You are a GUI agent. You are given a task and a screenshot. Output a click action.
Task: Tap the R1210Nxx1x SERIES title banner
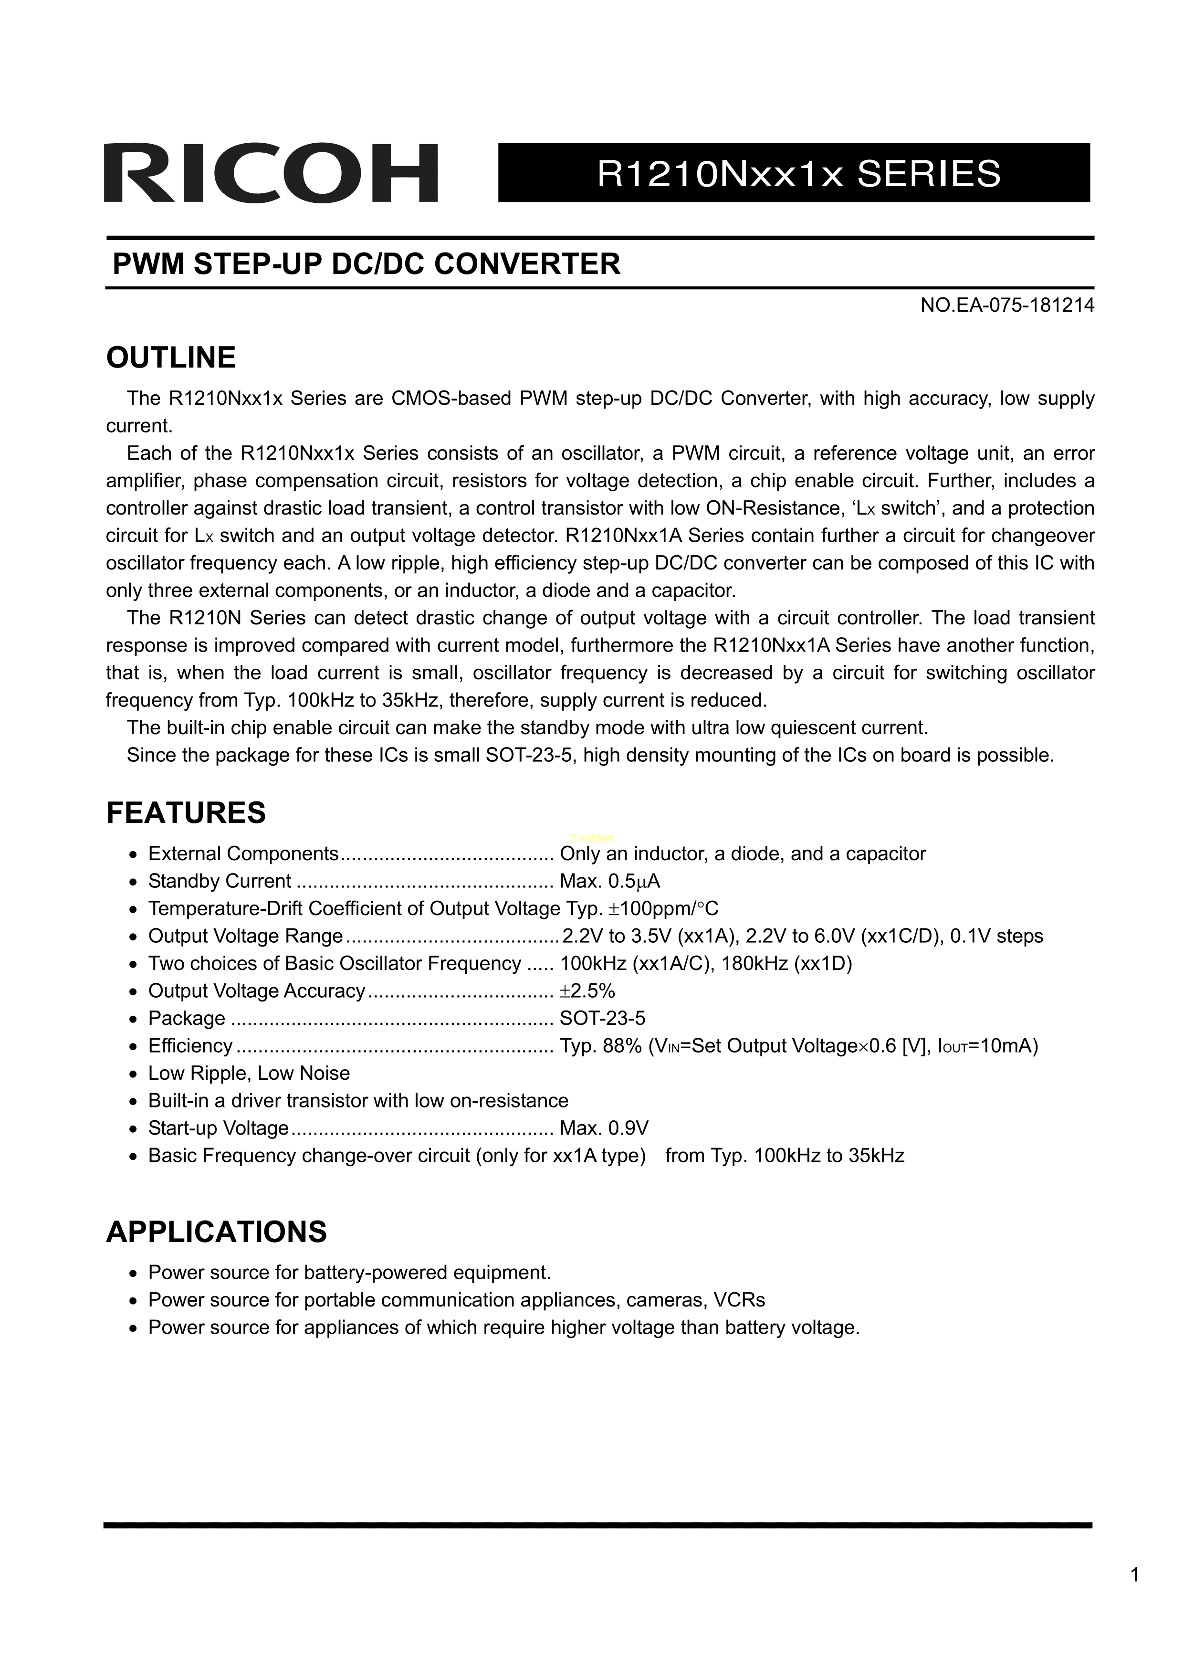click(794, 173)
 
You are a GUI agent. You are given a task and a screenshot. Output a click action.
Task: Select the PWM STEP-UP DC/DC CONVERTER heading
click(366, 263)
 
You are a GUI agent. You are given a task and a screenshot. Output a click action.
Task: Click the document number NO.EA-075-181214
click(1007, 305)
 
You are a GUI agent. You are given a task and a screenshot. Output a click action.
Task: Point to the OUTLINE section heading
click(171, 358)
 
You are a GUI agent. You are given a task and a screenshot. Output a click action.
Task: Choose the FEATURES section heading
click(186, 813)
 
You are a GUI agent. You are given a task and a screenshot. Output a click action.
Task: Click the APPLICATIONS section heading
click(217, 1232)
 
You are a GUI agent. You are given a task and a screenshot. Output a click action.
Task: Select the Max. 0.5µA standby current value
click(610, 881)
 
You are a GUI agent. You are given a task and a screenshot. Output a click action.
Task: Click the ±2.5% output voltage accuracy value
click(587, 990)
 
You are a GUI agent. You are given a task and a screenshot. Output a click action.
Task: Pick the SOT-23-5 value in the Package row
click(603, 1019)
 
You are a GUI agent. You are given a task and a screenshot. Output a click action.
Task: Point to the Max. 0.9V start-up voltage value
click(604, 1128)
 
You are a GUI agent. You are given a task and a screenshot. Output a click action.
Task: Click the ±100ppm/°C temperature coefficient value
click(664, 909)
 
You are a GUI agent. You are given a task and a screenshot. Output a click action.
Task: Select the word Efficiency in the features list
click(189, 1046)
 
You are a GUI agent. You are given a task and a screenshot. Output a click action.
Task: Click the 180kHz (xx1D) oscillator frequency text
click(786, 964)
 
